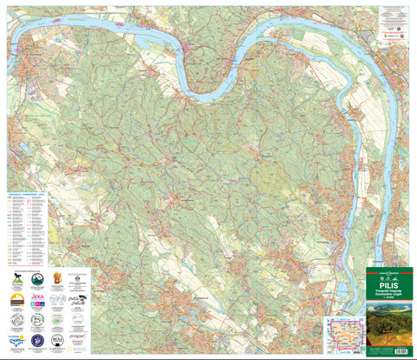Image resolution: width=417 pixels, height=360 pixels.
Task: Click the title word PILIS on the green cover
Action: [388, 283]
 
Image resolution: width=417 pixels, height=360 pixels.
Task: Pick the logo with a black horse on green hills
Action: [17, 279]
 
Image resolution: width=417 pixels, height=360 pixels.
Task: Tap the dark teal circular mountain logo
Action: [37, 279]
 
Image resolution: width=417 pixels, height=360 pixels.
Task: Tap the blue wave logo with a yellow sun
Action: [17, 338]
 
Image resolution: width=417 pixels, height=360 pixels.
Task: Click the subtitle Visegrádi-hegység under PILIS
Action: [388, 291]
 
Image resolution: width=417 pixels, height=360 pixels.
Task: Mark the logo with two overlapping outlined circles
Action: [57, 299]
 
